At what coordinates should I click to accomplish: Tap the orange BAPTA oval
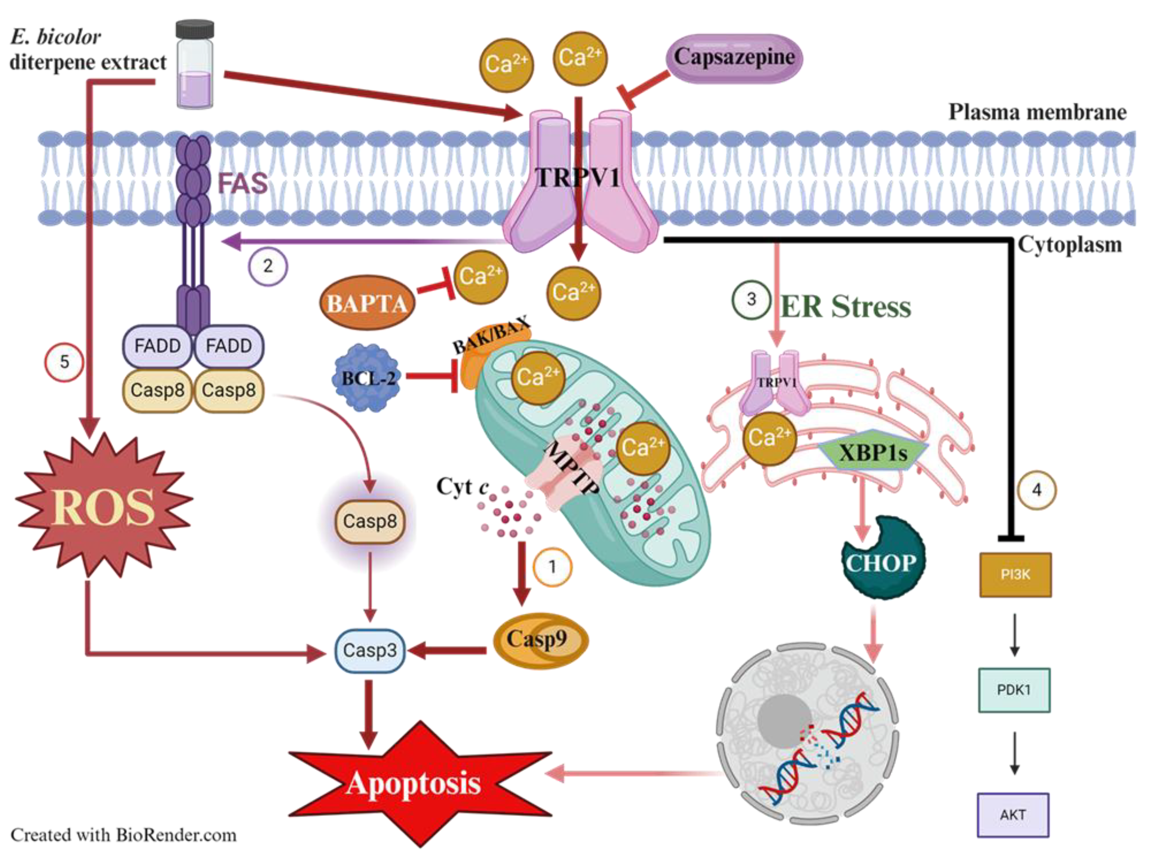367,303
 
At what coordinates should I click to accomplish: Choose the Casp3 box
370,650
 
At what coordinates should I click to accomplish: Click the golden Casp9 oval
540,640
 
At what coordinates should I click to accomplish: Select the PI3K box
1015,574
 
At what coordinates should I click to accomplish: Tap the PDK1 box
1014,690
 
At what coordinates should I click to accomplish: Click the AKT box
1013,815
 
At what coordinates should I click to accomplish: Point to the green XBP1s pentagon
873,451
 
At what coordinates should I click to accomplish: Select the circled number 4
1037,489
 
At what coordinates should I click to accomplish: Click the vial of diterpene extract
195,65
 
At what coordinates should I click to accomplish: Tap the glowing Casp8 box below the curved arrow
370,521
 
